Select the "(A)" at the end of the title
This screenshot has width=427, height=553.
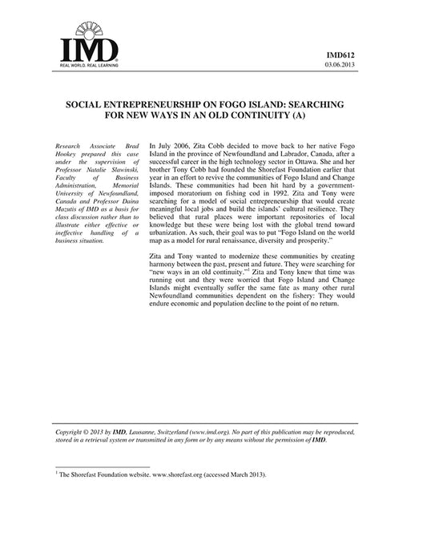300,115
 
